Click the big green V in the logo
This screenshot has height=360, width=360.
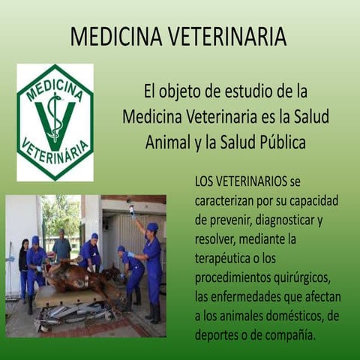[x=55, y=120]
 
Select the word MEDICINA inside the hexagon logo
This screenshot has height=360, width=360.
[x=55, y=87]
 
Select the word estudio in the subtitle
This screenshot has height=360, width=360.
[x=237, y=93]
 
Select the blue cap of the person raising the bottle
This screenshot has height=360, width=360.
[x=152, y=226]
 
